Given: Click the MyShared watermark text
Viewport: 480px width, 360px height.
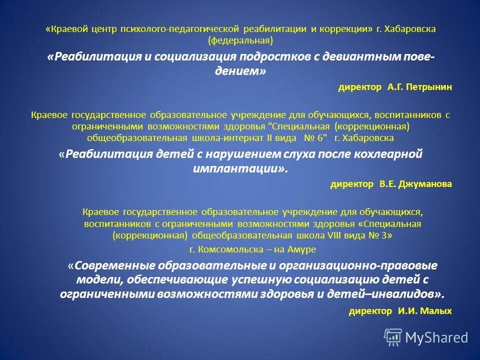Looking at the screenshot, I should [x=436, y=337].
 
